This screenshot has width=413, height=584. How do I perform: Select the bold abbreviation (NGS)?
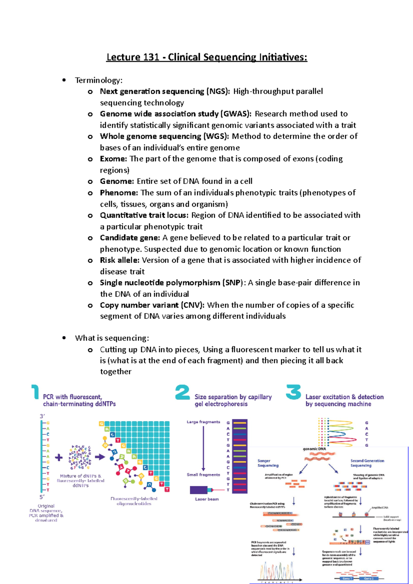pyautogui.click(x=218, y=91)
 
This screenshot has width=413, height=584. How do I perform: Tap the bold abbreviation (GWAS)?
pyautogui.click(x=236, y=114)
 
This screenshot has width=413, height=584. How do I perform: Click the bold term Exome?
pyautogui.click(x=114, y=159)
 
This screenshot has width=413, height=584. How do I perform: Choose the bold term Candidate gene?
pyautogui.click(x=130, y=238)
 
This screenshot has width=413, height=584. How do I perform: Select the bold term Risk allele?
pyautogui.click(x=119, y=260)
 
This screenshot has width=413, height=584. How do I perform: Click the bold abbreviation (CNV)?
pyautogui.click(x=192, y=305)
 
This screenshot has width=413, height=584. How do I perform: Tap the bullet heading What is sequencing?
pyautogui.click(x=112, y=338)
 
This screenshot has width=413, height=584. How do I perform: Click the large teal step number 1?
pyautogui.click(x=35, y=392)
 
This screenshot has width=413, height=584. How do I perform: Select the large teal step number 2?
pyautogui.click(x=182, y=392)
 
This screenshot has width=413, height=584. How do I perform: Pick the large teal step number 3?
pyautogui.click(x=293, y=392)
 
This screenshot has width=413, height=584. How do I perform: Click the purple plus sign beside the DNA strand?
pyautogui.click(x=59, y=457)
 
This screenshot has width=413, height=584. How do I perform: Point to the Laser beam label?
pyautogui.click(x=207, y=499)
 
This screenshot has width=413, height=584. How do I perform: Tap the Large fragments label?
pyautogui.click(x=203, y=422)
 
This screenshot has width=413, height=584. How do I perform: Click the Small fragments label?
pyautogui.click(x=203, y=475)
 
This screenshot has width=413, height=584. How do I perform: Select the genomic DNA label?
pyautogui.click(x=314, y=449)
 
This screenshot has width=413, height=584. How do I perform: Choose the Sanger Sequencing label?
pyautogui.click(x=268, y=463)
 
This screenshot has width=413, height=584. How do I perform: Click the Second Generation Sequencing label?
pyautogui.click(x=367, y=463)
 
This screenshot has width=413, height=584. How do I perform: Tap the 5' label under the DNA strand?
pyautogui.click(x=42, y=497)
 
